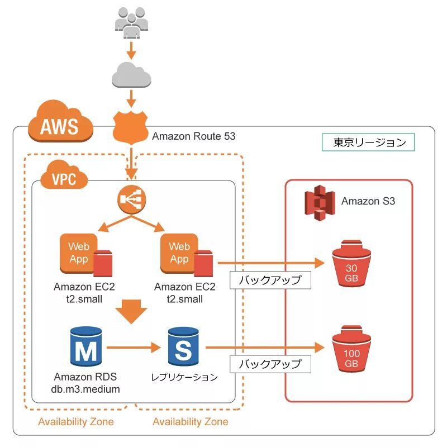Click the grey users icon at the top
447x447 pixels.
131,22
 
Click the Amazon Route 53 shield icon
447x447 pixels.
131,125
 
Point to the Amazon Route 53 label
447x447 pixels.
194,136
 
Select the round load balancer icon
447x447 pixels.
131,199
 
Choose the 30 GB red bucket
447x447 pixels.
351,263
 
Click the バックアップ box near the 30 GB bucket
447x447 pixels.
270,279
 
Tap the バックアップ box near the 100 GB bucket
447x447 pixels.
270,364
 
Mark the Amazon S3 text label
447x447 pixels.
368,201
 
